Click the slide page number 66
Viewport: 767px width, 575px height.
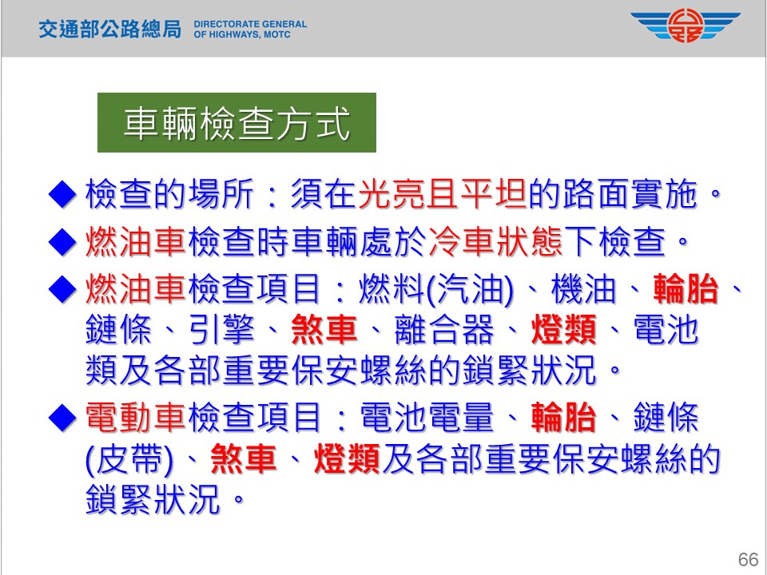coord(748,559)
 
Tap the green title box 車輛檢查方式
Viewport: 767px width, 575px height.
coord(236,123)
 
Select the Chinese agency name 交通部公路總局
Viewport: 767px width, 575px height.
coord(110,30)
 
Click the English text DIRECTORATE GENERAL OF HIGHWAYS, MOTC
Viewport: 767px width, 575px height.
coord(250,30)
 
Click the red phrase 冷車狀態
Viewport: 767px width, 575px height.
coord(496,241)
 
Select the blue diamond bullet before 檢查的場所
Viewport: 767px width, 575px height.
coord(62,195)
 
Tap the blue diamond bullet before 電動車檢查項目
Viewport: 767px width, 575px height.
coord(62,418)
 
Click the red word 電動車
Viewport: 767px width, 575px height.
coord(136,418)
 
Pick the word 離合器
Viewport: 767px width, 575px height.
coord(444,330)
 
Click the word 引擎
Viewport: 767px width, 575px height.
coord(221,330)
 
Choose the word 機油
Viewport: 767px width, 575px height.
coord(583,288)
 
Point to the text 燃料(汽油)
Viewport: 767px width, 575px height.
coord(436,288)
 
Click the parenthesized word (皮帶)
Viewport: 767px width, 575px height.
coord(129,460)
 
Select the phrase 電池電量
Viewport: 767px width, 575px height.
coord(427,418)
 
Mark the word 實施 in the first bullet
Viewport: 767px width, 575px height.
coord(663,194)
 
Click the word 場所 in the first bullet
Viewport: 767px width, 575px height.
coord(221,194)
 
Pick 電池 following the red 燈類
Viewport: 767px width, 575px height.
coord(666,330)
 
